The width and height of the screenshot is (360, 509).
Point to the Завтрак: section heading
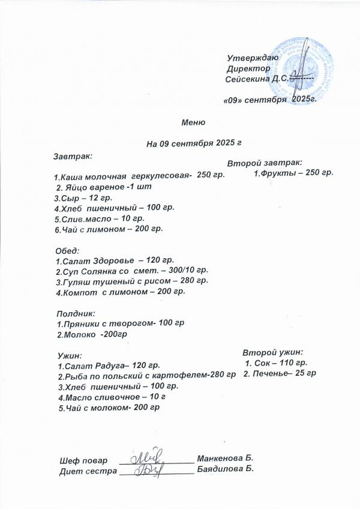tap(73, 156)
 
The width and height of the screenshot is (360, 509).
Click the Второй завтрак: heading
tap(265, 162)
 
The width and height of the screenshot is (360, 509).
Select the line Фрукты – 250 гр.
tap(293, 173)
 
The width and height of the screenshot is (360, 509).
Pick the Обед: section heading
tap(67, 250)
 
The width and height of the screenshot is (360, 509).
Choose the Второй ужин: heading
tap(273, 352)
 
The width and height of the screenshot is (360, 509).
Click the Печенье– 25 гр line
tap(280, 373)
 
